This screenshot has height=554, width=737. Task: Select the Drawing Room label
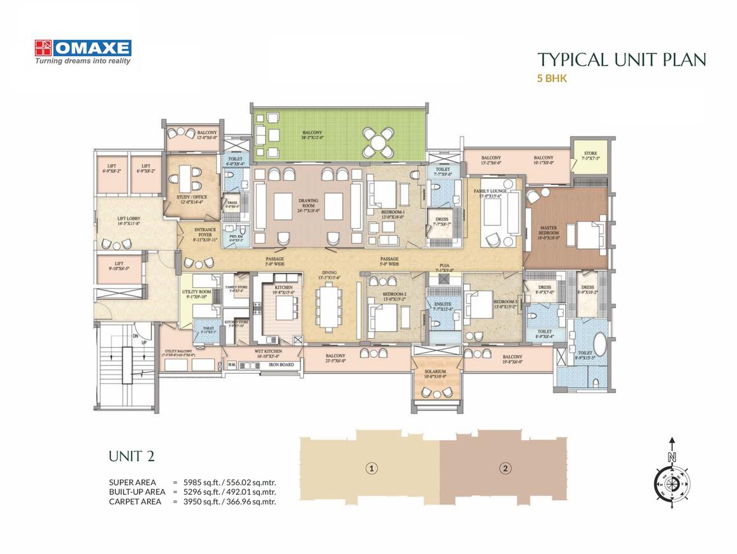click(x=308, y=203)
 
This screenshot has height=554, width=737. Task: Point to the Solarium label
click(x=436, y=373)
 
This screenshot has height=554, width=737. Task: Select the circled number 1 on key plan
click(x=370, y=469)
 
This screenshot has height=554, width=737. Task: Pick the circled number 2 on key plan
click(x=505, y=469)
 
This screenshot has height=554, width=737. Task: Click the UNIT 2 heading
click(x=131, y=456)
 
